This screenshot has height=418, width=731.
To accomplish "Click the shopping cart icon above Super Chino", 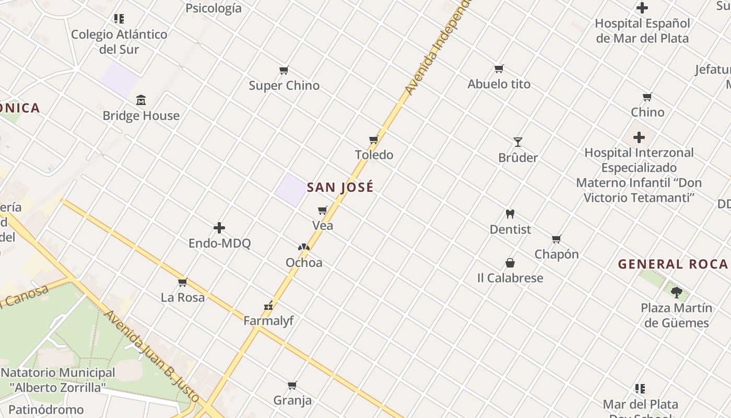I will click(x=284, y=70).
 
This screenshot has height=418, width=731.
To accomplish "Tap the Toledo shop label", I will click(x=374, y=155).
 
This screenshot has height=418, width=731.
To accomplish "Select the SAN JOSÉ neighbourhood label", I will click(x=340, y=187).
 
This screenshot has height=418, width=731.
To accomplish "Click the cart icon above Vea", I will click(x=323, y=211).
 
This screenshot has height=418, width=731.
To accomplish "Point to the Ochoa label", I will click(x=304, y=262).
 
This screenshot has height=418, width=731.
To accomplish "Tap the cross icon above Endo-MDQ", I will click(x=219, y=228).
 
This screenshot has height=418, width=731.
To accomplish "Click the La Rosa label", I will click(x=183, y=297).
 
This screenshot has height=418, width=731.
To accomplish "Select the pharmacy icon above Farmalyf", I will click(x=269, y=306).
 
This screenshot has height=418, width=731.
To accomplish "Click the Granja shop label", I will click(x=292, y=400).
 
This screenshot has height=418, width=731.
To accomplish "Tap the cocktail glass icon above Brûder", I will click(x=517, y=142).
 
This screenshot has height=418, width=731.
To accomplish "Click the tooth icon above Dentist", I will click(x=510, y=214).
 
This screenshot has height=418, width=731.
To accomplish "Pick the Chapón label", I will click(x=557, y=254).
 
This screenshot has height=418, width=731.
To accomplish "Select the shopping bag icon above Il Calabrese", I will click(x=510, y=262).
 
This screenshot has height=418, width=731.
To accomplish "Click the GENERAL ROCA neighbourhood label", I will click(x=673, y=264).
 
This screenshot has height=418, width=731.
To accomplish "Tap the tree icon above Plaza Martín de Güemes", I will click(x=677, y=292).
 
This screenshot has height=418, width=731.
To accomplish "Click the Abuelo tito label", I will click(x=499, y=84).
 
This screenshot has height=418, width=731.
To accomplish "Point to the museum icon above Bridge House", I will click(x=141, y=100).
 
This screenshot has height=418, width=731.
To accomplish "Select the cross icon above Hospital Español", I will click(x=642, y=8).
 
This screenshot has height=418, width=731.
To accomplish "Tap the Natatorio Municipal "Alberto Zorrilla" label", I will click(x=58, y=380).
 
